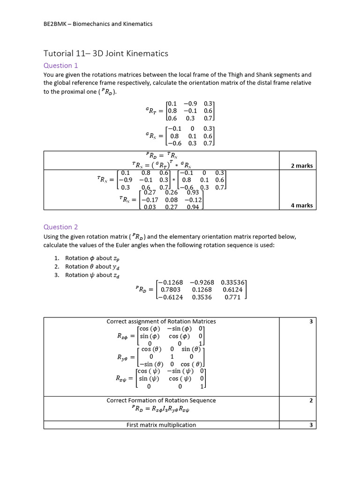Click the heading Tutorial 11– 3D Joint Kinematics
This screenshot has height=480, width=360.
pyautogui.click(x=105, y=53)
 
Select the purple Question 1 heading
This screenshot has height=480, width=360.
pyautogui.click(x=60, y=66)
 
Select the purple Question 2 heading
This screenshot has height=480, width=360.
pyautogui.click(x=60, y=227)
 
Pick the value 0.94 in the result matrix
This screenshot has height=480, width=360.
pyautogui.click(x=193, y=207)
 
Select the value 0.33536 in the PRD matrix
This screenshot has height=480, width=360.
pyautogui.click(x=232, y=282)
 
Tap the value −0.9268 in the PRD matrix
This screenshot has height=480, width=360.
pyautogui.click(x=202, y=282)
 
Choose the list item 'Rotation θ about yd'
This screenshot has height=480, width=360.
pyautogui.click(x=88, y=266)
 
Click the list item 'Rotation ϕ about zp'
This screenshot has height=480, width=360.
pyautogui.click(x=88, y=258)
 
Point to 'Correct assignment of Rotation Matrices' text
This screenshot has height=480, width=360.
pyautogui.click(x=161, y=321)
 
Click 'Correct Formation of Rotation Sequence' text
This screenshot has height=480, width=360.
pyautogui.click(x=161, y=400)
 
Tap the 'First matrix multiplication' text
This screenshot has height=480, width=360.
pyautogui.click(x=161, y=425)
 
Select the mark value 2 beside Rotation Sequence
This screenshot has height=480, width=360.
pyautogui.click(x=311, y=400)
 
